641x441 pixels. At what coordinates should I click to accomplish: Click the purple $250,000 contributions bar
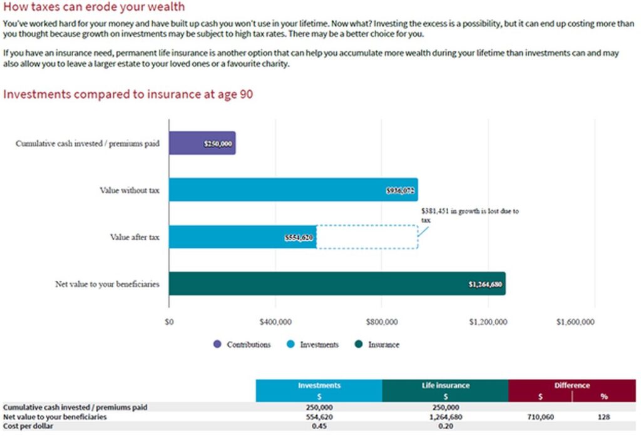coord(202,143)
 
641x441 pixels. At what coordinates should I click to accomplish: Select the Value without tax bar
coord(294,190)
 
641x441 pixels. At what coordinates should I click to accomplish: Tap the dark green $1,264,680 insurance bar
coord(337,283)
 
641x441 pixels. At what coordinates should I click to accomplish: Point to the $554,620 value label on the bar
coord(299,238)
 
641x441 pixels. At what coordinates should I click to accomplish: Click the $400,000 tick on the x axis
coord(275,322)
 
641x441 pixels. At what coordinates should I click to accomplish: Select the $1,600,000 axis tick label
coord(575,322)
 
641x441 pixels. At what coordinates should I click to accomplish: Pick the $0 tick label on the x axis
coord(169,322)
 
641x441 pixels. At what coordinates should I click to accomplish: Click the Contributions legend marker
coord(217,344)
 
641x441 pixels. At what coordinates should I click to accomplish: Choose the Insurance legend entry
coord(377,344)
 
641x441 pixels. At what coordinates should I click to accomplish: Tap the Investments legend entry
coord(313,344)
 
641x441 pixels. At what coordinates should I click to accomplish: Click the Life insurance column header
coord(446,385)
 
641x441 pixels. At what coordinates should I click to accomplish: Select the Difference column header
coord(572,385)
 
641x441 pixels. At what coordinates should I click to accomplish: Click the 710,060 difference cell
coord(540,417)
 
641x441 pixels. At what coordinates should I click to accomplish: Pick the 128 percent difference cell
coord(603,417)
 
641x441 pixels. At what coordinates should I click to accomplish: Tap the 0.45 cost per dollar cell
coord(319,426)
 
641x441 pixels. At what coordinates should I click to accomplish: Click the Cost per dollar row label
coord(28,426)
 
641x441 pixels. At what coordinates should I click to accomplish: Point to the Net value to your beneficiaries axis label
coord(107,284)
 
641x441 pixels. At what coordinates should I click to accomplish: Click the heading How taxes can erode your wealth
coord(94,6)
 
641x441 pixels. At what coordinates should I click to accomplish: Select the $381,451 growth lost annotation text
coord(469,215)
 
